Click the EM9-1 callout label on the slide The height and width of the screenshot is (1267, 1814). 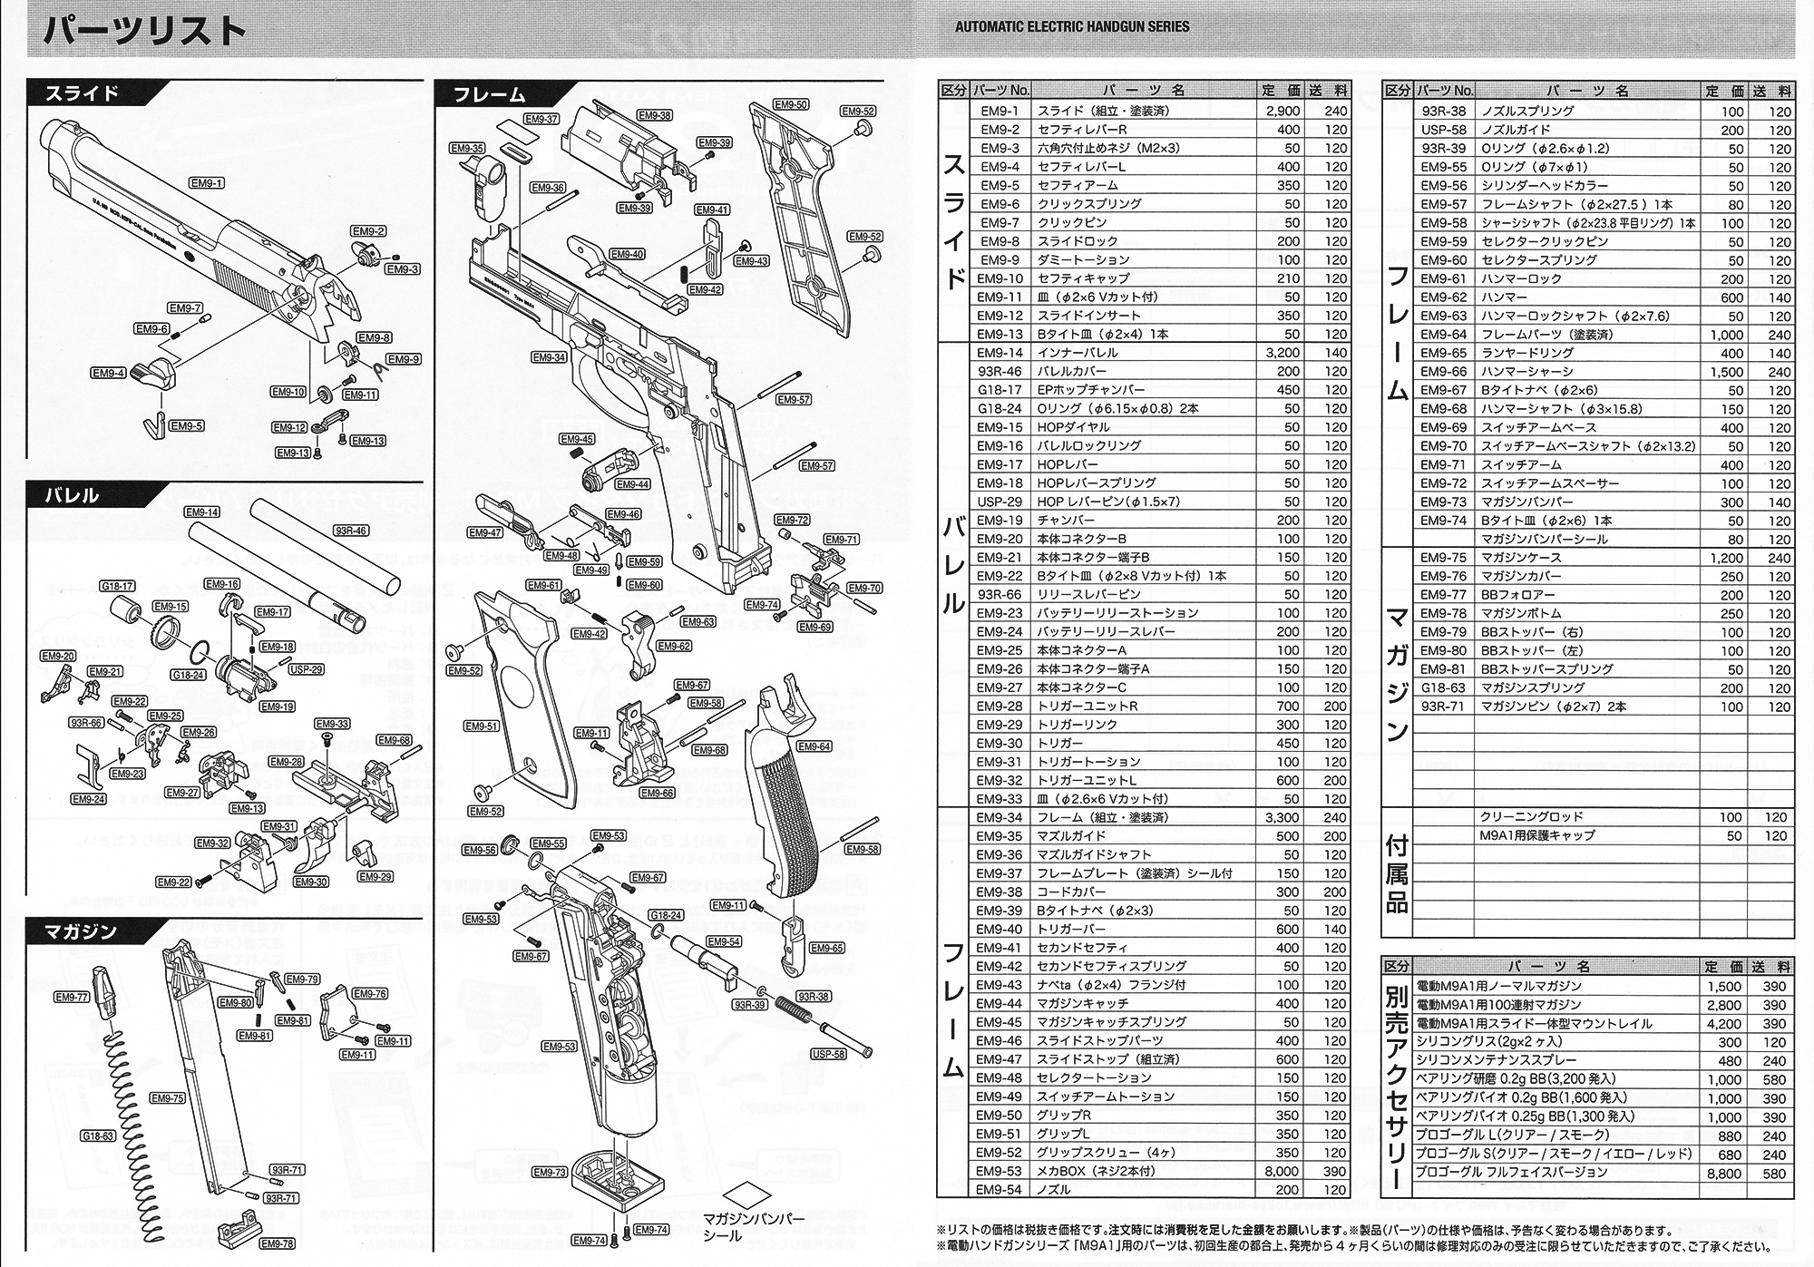coord(207,183)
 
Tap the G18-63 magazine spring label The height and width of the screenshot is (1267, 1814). coord(98,1135)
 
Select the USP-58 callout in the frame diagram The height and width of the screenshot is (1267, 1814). coord(828,1054)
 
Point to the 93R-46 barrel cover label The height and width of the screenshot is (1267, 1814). coord(350,531)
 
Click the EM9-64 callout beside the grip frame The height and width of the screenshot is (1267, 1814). coord(814,746)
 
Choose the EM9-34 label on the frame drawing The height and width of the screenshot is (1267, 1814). coord(549,357)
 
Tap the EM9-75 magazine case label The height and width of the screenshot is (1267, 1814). coord(168,1098)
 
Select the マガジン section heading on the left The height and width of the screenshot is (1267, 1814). coord(83,931)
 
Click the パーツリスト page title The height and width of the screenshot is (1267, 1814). coord(145,32)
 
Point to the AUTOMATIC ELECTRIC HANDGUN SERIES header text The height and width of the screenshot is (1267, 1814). coord(1071,26)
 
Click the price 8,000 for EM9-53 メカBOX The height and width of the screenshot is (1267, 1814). coord(1281,1171)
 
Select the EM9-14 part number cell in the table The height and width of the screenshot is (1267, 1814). coord(1000,353)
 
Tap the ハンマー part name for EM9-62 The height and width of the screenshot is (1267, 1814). coord(1504,297)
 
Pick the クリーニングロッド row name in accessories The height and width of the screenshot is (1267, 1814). coord(1531,817)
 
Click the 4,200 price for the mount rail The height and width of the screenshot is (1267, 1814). coord(1722,1024)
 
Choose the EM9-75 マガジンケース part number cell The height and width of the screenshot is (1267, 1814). coord(1443,558)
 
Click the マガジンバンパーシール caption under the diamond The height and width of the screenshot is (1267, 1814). coord(754,1227)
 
